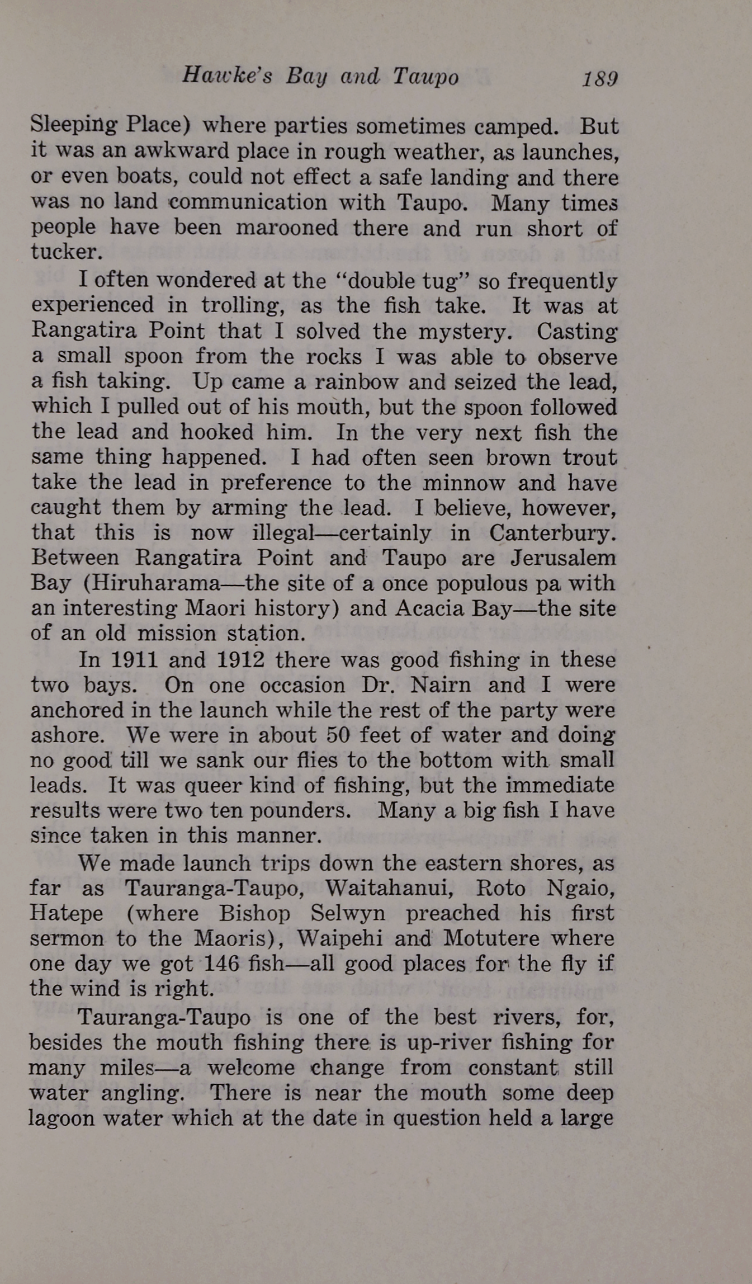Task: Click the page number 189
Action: click(599, 79)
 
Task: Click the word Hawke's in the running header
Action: click(226, 77)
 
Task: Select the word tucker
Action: click(67, 252)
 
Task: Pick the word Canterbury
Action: click(553, 533)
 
